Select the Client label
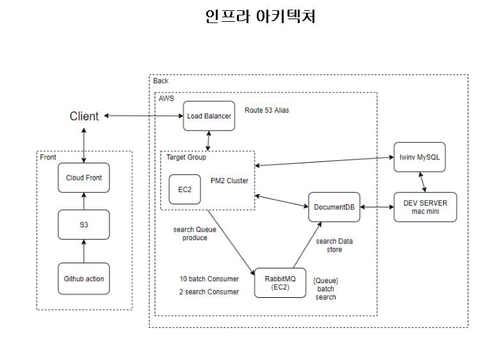tap(84, 116)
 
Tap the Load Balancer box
tap(208, 116)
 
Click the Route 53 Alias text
tap(266, 110)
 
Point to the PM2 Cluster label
tap(229, 181)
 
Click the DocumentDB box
tap(333, 207)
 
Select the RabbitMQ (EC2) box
tap(279, 282)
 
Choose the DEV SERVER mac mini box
tap(425, 207)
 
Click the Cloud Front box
tap(84, 177)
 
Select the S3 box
tap(84, 225)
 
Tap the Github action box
tap(84, 279)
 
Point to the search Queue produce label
tap(190, 233)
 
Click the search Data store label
tap(334, 245)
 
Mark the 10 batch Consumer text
tap(209, 279)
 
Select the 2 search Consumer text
tap(209, 291)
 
